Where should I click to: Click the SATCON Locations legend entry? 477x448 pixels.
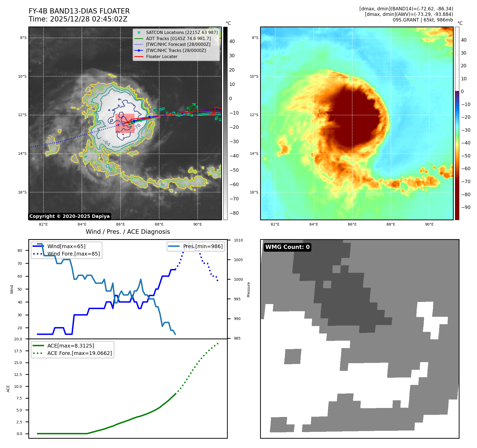point(182,32)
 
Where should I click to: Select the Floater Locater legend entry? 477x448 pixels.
point(162,56)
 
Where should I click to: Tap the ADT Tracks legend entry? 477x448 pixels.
point(178,38)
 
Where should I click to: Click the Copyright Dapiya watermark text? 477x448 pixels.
point(69,216)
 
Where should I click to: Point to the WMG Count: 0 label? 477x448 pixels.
point(287,247)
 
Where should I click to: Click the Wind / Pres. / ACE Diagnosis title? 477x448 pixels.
point(128,232)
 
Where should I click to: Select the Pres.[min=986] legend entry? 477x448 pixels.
point(203,246)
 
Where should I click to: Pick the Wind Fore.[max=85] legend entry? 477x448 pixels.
point(73,254)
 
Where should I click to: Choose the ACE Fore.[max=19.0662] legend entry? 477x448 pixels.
point(79,353)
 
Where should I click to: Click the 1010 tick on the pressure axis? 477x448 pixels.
point(238,240)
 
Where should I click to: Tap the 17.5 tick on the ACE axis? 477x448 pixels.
point(18,351)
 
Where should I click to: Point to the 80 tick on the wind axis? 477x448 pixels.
point(20,251)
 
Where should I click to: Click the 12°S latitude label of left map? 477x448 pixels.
point(22,115)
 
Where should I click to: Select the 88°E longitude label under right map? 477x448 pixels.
point(391,224)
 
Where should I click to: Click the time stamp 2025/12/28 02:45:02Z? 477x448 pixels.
point(89,19)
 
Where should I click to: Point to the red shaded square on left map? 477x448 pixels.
point(125,123)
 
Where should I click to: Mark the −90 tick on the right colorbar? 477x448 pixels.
point(466,207)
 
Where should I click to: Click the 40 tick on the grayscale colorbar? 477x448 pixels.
point(232,41)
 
